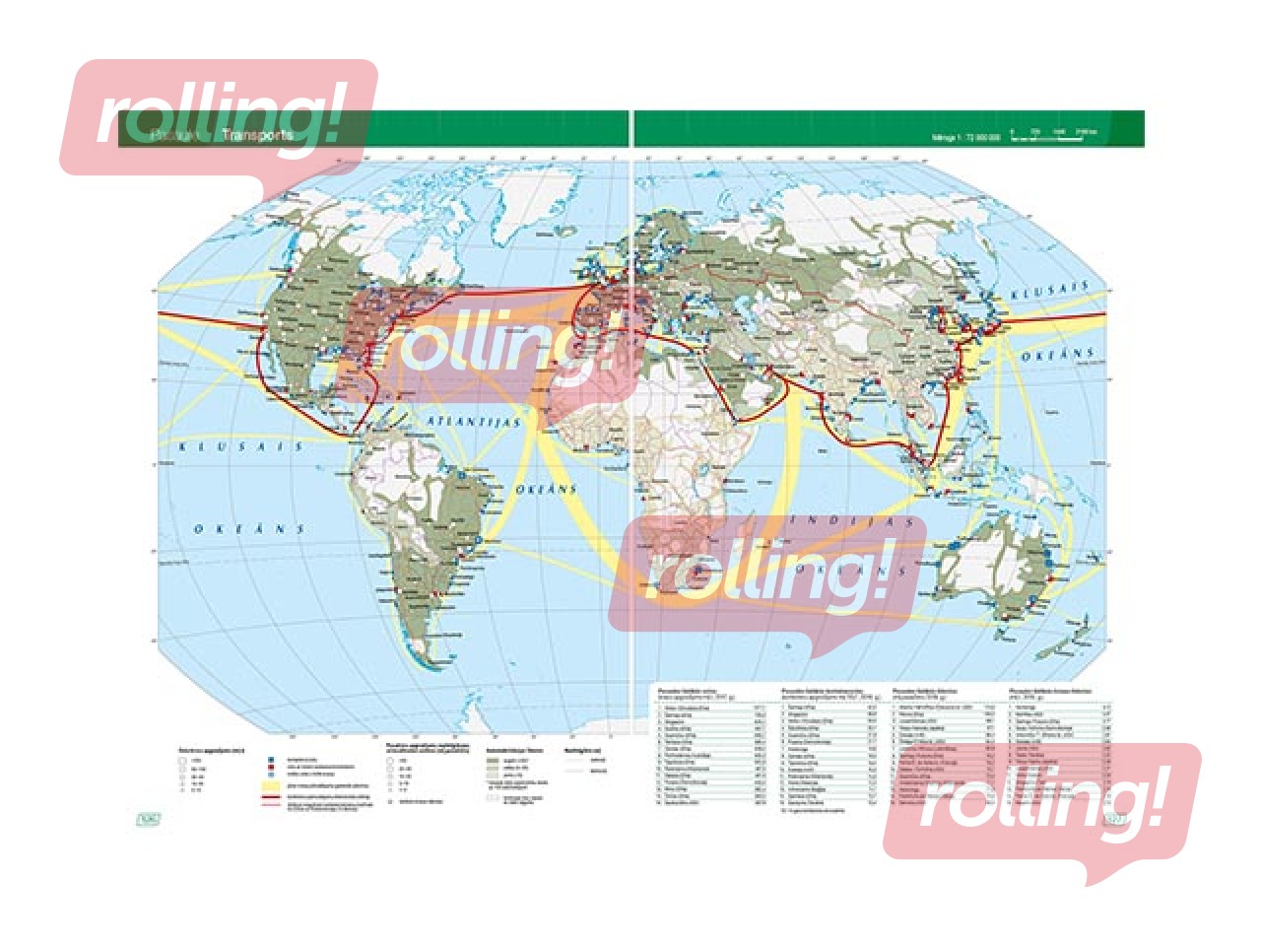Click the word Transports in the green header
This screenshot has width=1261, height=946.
[257, 135]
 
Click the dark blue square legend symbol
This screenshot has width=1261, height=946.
[270, 759]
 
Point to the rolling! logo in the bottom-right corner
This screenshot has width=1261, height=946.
[1041, 800]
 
